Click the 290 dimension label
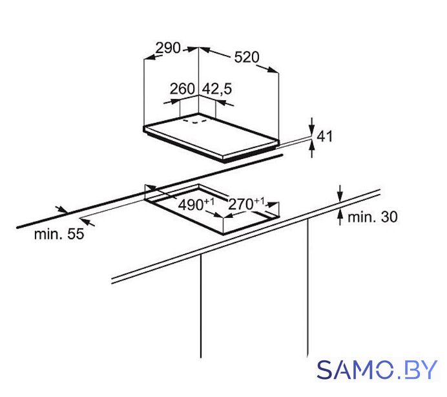pyautogui.click(x=168, y=48)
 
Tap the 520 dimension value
pyautogui.click(x=247, y=57)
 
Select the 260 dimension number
pyautogui.click(x=182, y=89)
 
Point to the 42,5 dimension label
pyautogui.click(x=217, y=89)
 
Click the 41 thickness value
pyautogui.click(x=325, y=136)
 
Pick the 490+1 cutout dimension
pyautogui.click(x=196, y=204)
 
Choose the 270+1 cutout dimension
pyautogui.click(x=247, y=204)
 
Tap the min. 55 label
pyautogui.click(x=59, y=234)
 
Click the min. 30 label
pyautogui.click(x=372, y=217)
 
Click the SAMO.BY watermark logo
pyautogui.click(x=377, y=370)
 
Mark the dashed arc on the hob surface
pyautogui.click(x=194, y=122)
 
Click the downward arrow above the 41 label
pyautogui.click(x=312, y=125)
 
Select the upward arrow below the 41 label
pyautogui.click(x=312, y=149)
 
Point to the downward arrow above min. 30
pyautogui.click(x=340, y=193)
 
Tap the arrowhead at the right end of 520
pyautogui.click(x=272, y=70)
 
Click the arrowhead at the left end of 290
pyautogui.click(x=150, y=58)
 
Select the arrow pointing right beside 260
pyautogui.click(x=172, y=102)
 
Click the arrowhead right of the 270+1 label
pyautogui.click(x=272, y=204)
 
